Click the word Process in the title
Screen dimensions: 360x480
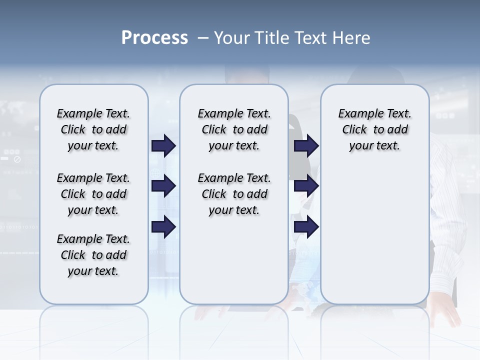coord(154,38)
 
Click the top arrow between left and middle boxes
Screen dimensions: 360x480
coord(163,145)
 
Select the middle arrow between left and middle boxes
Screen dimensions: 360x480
coord(163,186)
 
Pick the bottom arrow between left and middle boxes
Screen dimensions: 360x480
coord(163,226)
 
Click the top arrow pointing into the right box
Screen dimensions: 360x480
coord(306,145)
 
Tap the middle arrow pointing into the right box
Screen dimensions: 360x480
coord(306,186)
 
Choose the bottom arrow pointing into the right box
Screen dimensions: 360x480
coord(306,226)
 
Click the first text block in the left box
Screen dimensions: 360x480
coord(93,129)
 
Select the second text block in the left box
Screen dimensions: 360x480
coord(93,194)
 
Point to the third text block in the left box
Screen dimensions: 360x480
coord(93,255)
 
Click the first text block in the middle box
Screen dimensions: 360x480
coord(234,129)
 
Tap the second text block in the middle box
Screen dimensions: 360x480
coord(234,194)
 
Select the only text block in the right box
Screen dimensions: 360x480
coord(374,129)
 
